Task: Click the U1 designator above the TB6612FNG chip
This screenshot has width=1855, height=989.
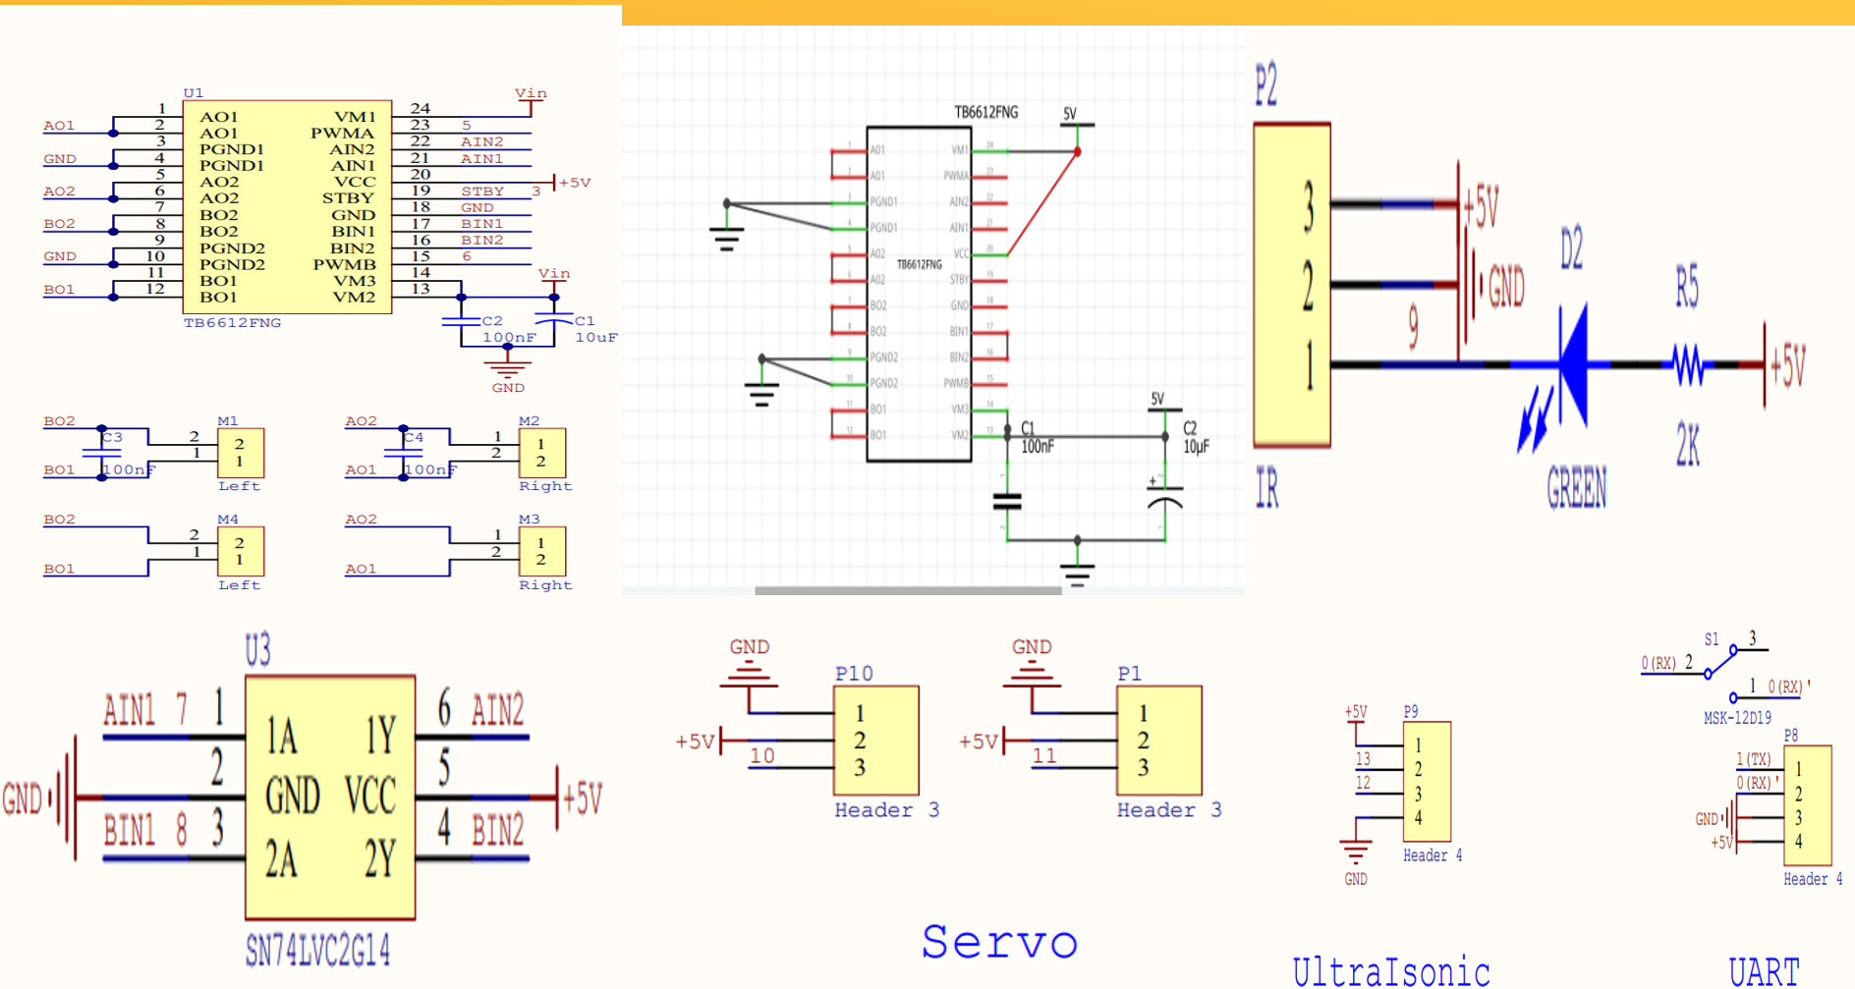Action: coord(194,93)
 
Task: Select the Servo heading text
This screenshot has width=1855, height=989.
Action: coord(998,942)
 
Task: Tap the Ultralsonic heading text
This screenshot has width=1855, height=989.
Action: coord(1390,970)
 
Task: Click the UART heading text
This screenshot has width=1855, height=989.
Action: coord(1764,971)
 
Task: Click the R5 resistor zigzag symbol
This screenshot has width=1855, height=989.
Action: coord(1688,365)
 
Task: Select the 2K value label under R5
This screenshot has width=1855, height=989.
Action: coord(1688,445)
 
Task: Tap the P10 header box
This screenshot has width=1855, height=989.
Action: coord(875,740)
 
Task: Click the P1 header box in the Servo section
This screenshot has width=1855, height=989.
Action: coord(1158,740)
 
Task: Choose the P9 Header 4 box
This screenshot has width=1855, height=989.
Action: coord(1427,781)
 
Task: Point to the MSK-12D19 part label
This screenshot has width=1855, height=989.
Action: coord(1737,718)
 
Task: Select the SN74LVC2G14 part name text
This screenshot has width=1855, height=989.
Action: coord(316,951)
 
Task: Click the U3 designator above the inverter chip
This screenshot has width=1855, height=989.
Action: coord(257,649)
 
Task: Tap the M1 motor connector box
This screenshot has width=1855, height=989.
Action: coord(240,453)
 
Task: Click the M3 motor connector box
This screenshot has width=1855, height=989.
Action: coord(541,551)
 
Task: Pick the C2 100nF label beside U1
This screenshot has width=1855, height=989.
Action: coord(507,329)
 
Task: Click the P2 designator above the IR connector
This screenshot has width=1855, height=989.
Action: coord(1265,84)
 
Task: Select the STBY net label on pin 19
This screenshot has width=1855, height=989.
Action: coord(482,191)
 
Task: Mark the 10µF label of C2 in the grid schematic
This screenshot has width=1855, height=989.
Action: coord(1195,446)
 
